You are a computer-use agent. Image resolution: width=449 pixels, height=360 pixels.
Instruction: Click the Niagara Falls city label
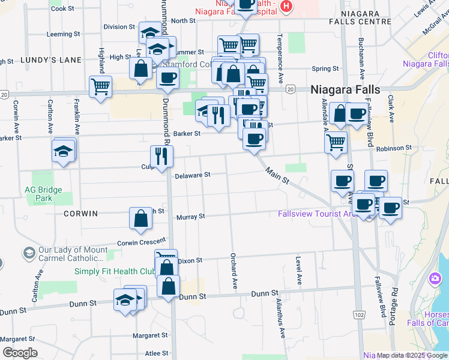[345, 89]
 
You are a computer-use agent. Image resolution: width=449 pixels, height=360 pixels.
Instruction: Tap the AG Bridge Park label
[43, 193]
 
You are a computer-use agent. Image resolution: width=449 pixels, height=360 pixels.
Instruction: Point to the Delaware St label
[193, 175]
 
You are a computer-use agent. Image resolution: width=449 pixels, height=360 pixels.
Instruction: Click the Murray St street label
[190, 216]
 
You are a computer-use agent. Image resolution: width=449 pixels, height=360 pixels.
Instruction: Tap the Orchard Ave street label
[233, 265]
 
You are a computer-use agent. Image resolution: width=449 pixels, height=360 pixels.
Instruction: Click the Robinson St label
[394, 148]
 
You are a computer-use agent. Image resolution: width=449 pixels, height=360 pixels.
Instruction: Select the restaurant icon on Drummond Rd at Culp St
[161, 156]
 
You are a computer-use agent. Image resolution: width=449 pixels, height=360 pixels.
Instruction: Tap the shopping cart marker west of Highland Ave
[100, 85]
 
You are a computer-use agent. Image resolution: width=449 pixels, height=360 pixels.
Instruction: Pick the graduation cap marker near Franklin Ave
[64, 151]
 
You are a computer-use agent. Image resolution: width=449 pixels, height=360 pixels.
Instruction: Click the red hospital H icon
[286, 7]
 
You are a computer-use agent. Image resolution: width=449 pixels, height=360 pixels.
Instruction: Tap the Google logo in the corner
[20, 353]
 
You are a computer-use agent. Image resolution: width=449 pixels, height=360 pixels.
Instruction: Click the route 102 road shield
[360, 314]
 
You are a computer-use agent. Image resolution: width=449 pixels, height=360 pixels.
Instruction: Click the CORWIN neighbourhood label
[81, 213]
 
